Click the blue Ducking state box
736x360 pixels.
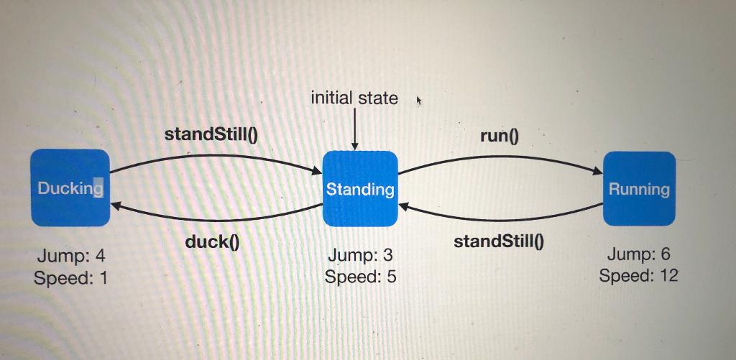pyautogui.click(x=70, y=188)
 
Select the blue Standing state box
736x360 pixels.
pyautogui.click(x=360, y=189)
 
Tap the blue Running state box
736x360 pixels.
pyautogui.click(x=639, y=189)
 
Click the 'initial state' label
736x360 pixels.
pyautogui.click(x=354, y=98)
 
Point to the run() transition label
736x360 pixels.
pyautogui.click(x=499, y=136)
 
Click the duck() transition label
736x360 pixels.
pyautogui.click(x=212, y=242)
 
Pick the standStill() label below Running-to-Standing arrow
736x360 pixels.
pyautogui.click(x=499, y=241)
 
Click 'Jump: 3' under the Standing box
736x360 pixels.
pyautogui.click(x=360, y=255)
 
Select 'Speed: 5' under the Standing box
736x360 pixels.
pyautogui.click(x=360, y=277)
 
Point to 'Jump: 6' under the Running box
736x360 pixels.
pyautogui.click(x=639, y=254)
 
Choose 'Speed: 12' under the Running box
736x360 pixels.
pyautogui.click(x=639, y=275)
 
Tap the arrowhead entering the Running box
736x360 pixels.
pyautogui.click(x=597, y=172)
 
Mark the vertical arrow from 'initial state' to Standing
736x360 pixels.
pyautogui.click(x=355, y=129)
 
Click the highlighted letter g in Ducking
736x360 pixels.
pyautogui.click(x=98, y=189)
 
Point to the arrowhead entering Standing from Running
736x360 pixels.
pyautogui.click(x=404, y=206)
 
